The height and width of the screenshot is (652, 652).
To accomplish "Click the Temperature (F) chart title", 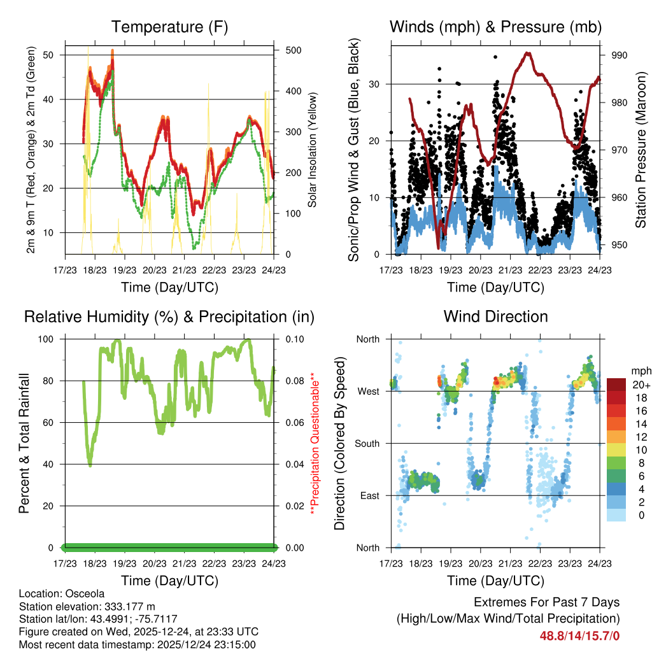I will click(169, 27).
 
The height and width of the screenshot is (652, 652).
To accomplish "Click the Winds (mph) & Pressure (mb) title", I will click(495, 27).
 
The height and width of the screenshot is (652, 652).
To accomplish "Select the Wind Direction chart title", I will click(495, 316).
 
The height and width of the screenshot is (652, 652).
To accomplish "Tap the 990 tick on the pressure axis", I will click(620, 55).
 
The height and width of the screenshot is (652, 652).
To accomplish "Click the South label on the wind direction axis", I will click(367, 443).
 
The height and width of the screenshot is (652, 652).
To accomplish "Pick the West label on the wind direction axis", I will click(369, 391).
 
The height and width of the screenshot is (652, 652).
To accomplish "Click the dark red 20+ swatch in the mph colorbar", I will click(616, 385).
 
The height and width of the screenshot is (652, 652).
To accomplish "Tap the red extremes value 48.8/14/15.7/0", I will click(579, 635).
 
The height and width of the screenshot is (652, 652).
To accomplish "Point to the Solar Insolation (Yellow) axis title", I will click(313, 150).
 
